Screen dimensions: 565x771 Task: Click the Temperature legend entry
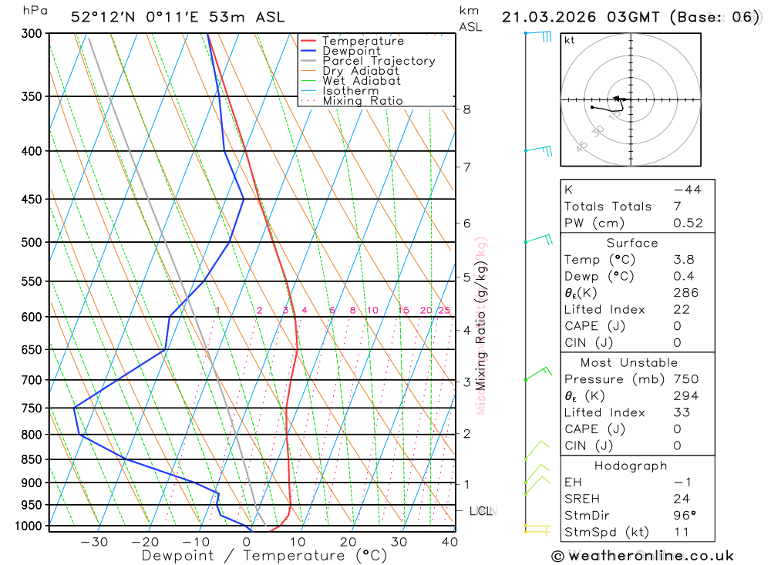[x=362, y=41]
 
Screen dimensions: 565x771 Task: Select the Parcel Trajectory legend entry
[x=379, y=61]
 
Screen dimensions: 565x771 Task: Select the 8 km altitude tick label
[x=467, y=109]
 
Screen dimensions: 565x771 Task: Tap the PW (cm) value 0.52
[x=688, y=223]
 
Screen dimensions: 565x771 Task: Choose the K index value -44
[x=687, y=190]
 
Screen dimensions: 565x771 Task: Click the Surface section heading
[x=632, y=243]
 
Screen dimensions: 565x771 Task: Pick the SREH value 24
[x=681, y=499]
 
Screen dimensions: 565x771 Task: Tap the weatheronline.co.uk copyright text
[x=642, y=556]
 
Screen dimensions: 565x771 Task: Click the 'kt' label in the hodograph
[x=570, y=40]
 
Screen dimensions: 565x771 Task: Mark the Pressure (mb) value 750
[x=685, y=379]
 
